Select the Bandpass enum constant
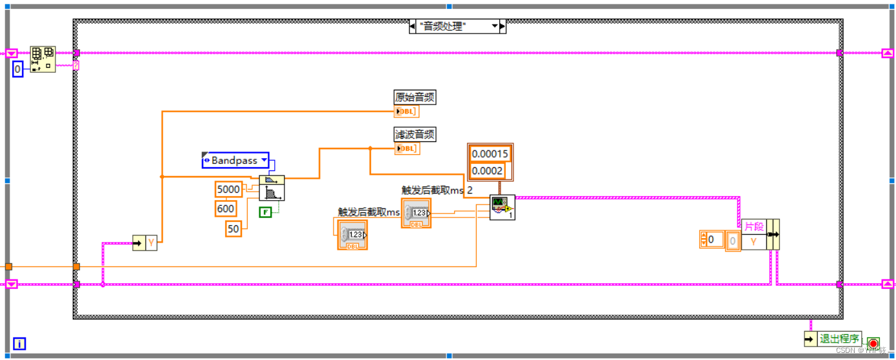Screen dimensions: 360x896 tap(234, 161)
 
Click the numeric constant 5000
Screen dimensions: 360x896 tap(228, 190)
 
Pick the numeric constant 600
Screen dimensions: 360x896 tap(226, 209)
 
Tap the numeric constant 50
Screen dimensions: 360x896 tap(233, 228)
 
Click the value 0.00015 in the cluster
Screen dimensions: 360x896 tap(490, 154)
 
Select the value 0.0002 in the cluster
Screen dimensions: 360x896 tap(488, 171)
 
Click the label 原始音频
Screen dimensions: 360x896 tap(415, 97)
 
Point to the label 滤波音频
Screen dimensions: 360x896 tap(415, 135)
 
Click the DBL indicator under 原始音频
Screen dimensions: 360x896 tap(406, 112)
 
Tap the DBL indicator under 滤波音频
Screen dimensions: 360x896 tap(406, 149)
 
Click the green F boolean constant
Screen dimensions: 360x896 tap(265, 212)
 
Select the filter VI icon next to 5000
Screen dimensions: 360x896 tap(272, 188)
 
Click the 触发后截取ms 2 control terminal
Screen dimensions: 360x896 tap(416, 214)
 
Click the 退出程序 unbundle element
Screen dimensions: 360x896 tap(839, 339)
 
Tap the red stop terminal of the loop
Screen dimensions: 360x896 tap(873, 343)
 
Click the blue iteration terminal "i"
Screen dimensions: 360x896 tap(19, 344)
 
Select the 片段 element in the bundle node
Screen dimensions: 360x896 tap(753, 227)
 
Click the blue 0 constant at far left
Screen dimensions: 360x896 tap(17, 69)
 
